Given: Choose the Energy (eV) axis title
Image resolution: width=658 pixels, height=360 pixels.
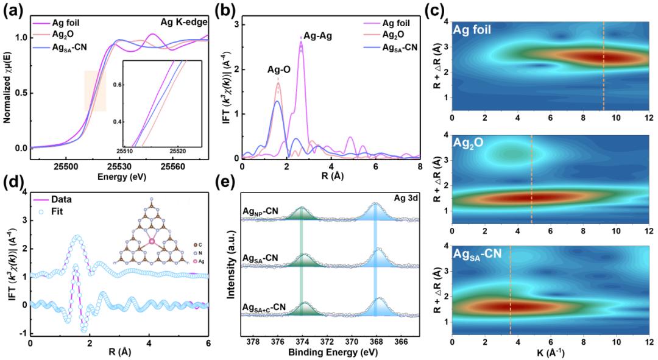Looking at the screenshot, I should coord(119,176).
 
